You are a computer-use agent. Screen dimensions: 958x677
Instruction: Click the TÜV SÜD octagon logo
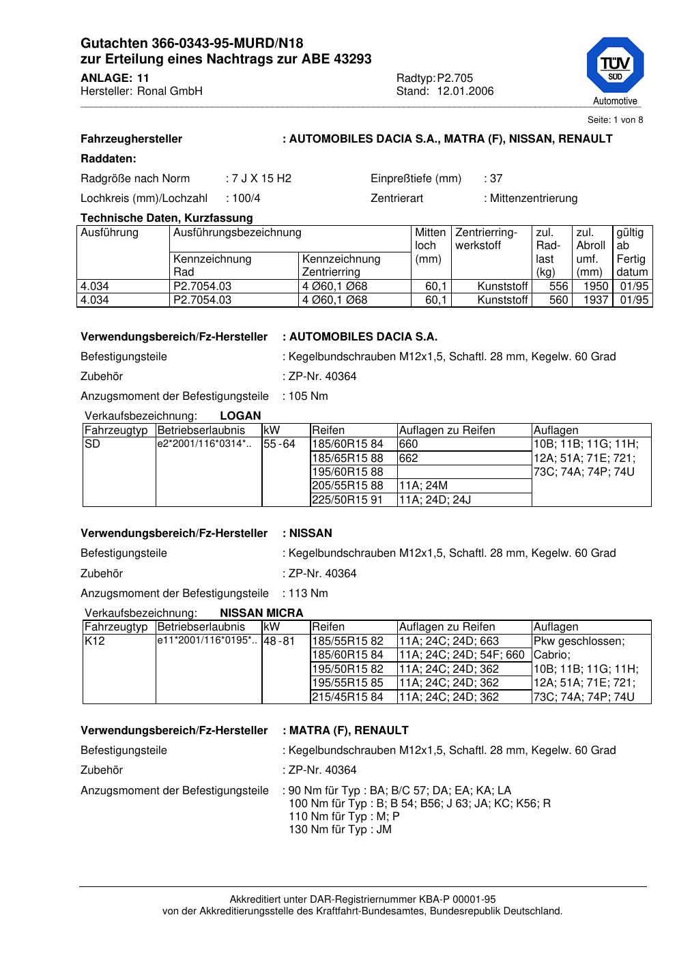pyautogui.click(x=614, y=66)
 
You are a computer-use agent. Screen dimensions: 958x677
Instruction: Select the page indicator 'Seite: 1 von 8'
pyautogui.click(x=615, y=120)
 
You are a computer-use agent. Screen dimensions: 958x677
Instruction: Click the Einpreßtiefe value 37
pyautogui.click(x=496, y=179)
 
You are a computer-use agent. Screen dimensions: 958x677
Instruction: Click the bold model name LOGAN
pyautogui.click(x=241, y=416)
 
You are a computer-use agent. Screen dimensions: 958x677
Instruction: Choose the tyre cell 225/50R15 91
pyautogui.click(x=347, y=499)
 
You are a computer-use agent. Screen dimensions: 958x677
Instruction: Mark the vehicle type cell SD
pyautogui.click(x=92, y=444)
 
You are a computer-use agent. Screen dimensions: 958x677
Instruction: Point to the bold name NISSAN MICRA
pyautogui.click(x=261, y=613)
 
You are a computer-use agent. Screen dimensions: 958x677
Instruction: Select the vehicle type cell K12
pyautogui.click(x=94, y=641)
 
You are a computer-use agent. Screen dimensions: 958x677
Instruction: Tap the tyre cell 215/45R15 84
pyautogui.click(x=347, y=697)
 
